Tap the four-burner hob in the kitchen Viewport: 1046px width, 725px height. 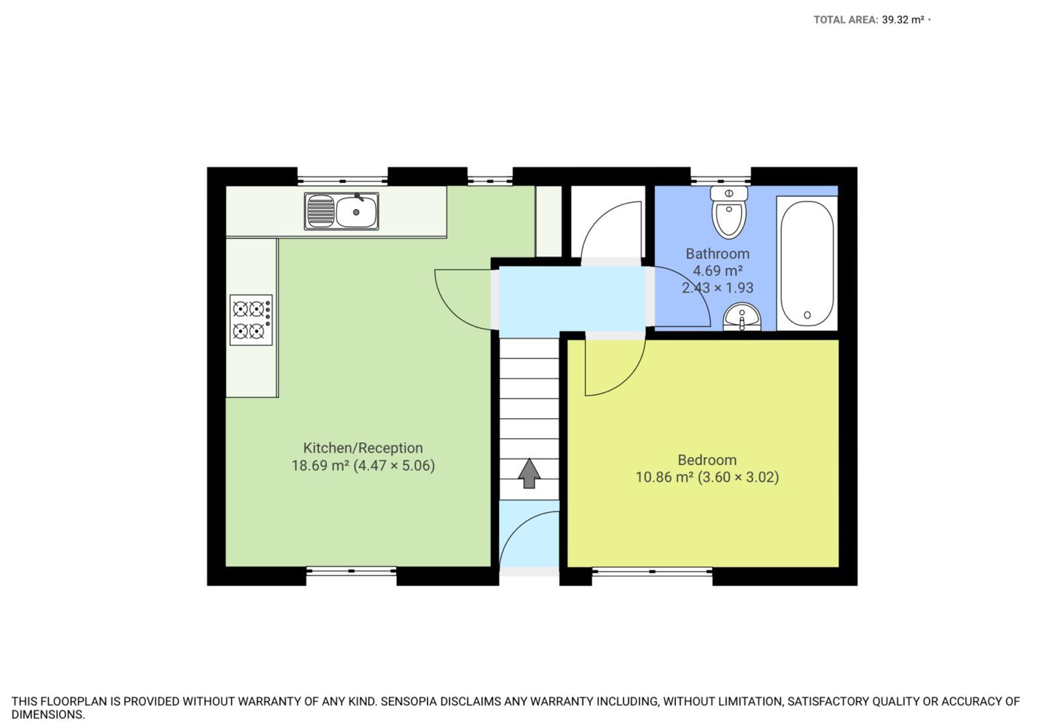251,320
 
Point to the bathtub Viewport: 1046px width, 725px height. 807,264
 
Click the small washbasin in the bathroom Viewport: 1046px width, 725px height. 742,317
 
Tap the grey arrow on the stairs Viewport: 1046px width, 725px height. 529,473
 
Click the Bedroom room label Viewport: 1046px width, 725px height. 707,460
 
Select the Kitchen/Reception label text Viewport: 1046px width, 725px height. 363,448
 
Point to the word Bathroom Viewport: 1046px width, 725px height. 718,254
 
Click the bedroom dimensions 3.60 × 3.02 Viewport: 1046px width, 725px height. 738,477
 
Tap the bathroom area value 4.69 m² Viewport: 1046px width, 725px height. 718,270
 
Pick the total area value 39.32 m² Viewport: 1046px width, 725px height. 903,20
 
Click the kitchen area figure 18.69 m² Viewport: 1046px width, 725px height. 320,466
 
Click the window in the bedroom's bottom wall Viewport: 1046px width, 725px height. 652,571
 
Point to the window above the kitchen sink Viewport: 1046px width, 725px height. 343,180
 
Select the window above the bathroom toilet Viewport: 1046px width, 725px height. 720,180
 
